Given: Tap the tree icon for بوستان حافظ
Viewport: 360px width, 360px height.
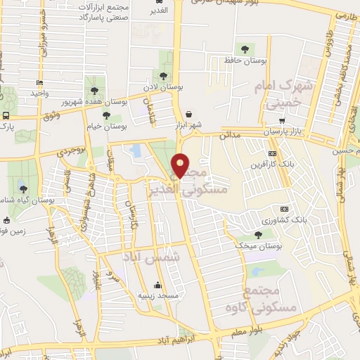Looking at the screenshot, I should [245, 49].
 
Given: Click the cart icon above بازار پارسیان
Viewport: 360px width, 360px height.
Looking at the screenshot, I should [282, 121].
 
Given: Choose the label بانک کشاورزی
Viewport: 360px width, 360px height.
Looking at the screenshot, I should [307, 219].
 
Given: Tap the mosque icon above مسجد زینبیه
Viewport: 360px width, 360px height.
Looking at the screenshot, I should [158, 285].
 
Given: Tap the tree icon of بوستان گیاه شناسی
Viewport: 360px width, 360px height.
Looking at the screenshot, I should [23, 188].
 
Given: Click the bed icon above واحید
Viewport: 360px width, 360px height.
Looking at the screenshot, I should [39, 83].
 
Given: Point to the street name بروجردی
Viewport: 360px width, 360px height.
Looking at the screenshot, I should [70, 149].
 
